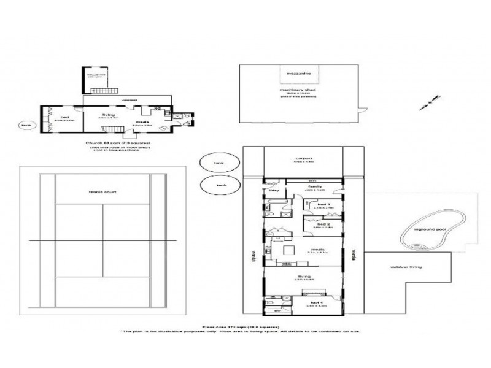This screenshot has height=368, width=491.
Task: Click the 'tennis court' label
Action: tap(102, 191)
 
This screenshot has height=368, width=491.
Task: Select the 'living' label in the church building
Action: tap(109, 115)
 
